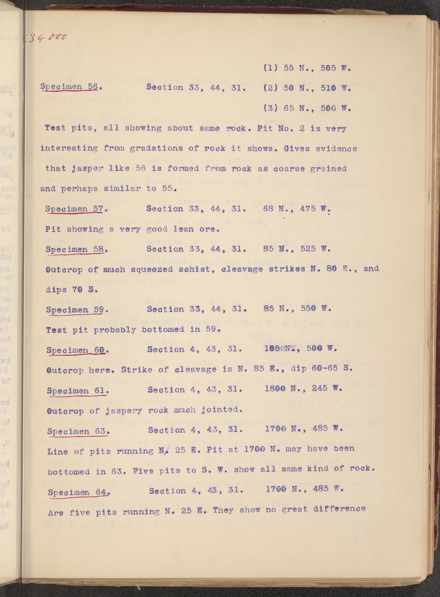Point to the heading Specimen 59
[77, 310]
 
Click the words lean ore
[196, 229]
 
